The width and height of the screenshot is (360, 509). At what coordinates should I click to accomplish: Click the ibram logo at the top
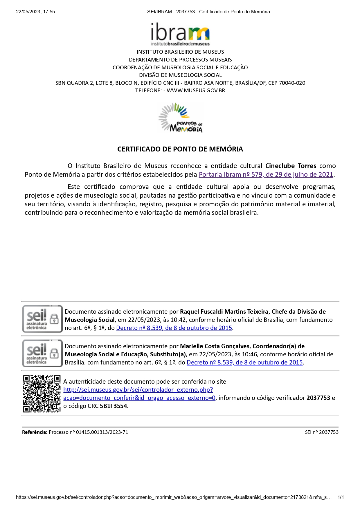click(180, 34)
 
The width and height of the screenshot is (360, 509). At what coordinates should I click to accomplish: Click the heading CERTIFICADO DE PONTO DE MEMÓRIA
click(180, 149)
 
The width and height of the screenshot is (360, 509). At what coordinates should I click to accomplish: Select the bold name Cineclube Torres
click(291, 166)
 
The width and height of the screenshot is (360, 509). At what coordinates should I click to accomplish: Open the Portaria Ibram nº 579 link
click(266, 175)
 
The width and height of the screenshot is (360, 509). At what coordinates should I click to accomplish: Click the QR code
click(42, 394)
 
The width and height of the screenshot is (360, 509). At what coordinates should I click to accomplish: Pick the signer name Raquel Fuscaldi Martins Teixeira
click(224, 312)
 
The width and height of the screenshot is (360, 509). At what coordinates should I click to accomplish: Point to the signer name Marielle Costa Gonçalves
click(215, 346)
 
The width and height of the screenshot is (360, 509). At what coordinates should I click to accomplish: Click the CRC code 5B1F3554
click(113, 406)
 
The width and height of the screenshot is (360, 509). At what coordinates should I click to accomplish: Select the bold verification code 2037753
click(318, 398)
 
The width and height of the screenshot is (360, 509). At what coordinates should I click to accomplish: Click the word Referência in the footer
click(35, 432)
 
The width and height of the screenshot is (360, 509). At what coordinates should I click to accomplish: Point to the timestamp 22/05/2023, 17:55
click(35, 12)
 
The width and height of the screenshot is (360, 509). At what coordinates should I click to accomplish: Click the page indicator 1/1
click(341, 497)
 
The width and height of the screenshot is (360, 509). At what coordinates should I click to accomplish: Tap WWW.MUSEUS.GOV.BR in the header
click(196, 91)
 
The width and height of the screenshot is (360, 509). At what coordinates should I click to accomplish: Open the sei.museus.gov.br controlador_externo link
click(138, 390)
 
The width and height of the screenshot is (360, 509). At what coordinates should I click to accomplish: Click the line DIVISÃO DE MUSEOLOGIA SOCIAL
click(180, 75)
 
